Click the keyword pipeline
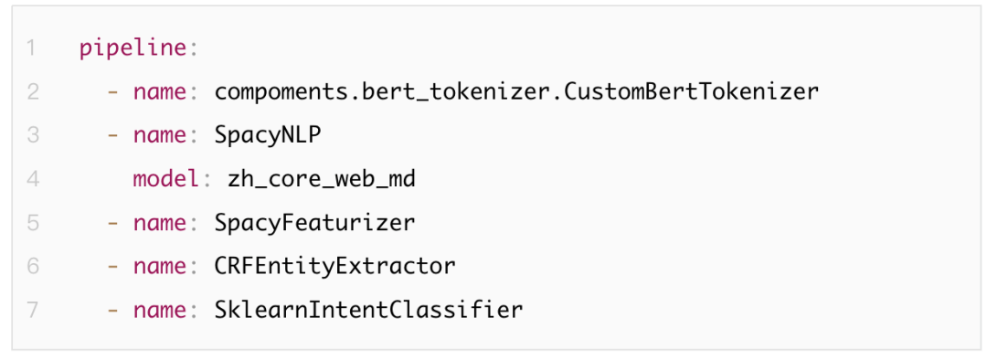(x=134, y=48)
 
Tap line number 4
(x=33, y=179)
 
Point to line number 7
(x=33, y=311)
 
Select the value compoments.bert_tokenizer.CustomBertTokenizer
(x=516, y=92)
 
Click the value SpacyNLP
(x=268, y=136)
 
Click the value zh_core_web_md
(x=321, y=180)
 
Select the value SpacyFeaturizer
(x=314, y=224)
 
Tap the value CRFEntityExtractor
(x=334, y=267)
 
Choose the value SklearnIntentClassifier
(x=369, y=311)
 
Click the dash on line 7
(x=113, y=311)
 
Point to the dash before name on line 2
(x=113, y=93)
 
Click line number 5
(x=33, y=224)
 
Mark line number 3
(x=33, y=136)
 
